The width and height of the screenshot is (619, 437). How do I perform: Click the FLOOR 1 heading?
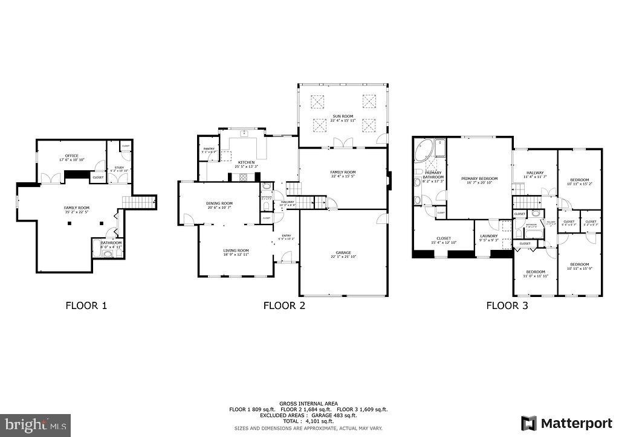tap(86, 305)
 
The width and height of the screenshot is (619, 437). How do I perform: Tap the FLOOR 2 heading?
tap(284, 305)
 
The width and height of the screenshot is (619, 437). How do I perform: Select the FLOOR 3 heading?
tap(507, 305)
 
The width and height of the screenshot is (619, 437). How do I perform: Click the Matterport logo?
tap(563, 423)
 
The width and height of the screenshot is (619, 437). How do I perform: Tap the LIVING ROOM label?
tap(236, 252)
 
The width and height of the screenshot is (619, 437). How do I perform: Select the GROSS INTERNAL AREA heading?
tap(308, 403)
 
